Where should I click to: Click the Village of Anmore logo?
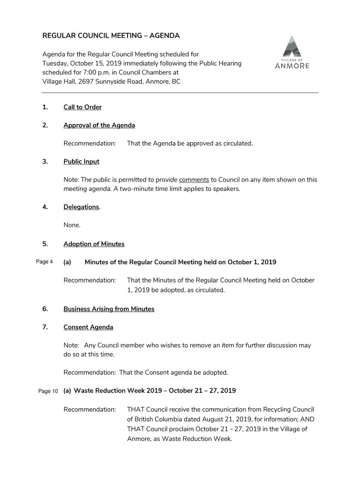(292, 52)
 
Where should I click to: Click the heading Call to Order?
(82, 107)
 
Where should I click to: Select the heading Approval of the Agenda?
(99, 125)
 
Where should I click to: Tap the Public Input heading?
(81, 161)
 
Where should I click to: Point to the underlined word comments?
(194, 180)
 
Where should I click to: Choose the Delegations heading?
(81, 207)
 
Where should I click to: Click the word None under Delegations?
(72, 225)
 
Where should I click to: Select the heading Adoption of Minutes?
(94, 244)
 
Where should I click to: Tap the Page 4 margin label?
(44, 261)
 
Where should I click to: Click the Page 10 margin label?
(48, 391)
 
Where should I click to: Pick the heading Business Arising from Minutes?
(109, 309)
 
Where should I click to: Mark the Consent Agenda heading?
(88, 327)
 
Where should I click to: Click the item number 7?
(45, 327)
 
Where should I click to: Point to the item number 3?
(45, 161)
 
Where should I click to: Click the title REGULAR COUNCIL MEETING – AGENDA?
(111, 36)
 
